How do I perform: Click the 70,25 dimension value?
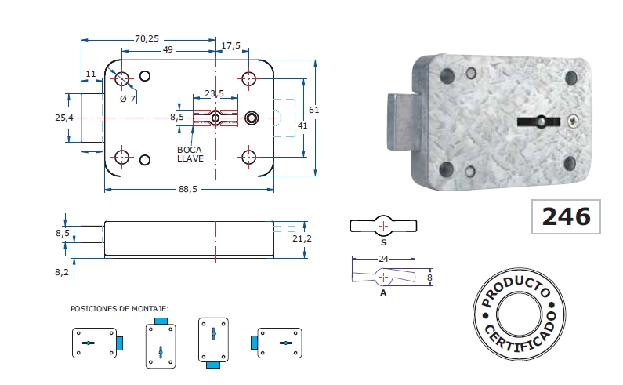tap(147, 38)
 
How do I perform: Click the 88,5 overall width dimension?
tap(187, 189)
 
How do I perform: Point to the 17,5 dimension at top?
tap(231, 46)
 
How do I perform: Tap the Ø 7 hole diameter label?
tap(127, 99)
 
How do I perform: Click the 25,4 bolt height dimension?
tap(64, 118)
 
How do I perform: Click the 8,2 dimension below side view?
tap(63, 272)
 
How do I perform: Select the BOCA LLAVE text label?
tap(190, 154)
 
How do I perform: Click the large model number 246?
tap(566, 216)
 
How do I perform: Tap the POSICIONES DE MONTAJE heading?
tap(119, 309)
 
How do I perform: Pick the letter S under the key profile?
tap(382, 243)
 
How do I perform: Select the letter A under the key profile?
tap(382, 292)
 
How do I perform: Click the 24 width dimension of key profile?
tap(383, 257)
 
